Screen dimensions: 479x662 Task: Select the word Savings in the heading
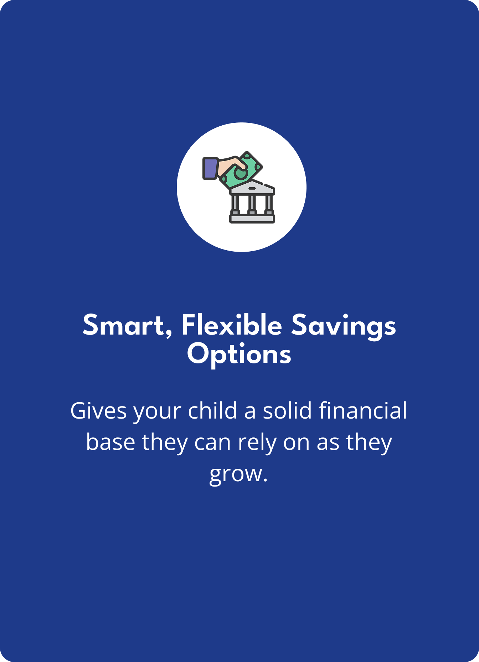(344, 327)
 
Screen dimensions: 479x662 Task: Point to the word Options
(239, 355)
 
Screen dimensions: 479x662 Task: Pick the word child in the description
(212, 410)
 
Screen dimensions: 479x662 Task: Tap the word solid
(287, 410)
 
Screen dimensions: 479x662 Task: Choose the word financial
(363, 410)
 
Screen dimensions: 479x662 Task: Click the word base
(110, 442)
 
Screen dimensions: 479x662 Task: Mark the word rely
(257, 443)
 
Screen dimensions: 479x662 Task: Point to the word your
(157, 413)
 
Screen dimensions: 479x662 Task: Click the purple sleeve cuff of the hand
(210, 168)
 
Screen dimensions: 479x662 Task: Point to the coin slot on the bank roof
(252, 188)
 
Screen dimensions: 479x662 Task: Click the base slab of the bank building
(252, 219)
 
